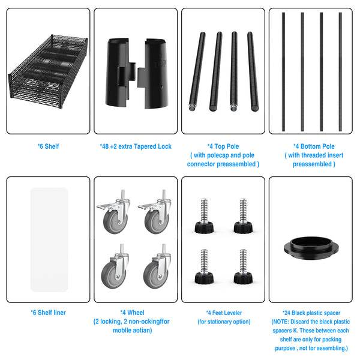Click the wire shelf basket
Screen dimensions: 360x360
click(48, 71)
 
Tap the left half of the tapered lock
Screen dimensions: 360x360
click(119, 73)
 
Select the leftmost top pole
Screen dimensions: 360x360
click(197, 71)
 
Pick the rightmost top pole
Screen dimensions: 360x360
click(253, 71)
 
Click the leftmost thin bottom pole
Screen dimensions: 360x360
click(284, 72)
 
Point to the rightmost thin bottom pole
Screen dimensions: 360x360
click(340, 72)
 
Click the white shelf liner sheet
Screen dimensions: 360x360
click(49, 239)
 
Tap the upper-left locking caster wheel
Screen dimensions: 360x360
click(113, 212)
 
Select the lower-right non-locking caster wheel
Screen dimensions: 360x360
click(157, 266)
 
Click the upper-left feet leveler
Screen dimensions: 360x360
click(204, 216)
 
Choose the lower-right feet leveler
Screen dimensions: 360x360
click(243, 266)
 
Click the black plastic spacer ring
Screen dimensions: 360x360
click(311, 248)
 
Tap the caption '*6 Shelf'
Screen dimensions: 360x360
click(48, 146)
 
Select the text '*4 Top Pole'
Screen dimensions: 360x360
click(223, 146)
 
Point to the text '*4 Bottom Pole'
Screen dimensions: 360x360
click(314, 146)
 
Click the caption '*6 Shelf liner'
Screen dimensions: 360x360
click(48, 313)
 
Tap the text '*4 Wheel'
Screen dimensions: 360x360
click(132, 313)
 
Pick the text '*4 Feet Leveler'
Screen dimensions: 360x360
click(224, 313)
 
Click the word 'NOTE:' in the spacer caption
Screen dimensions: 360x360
click(280, 322)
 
